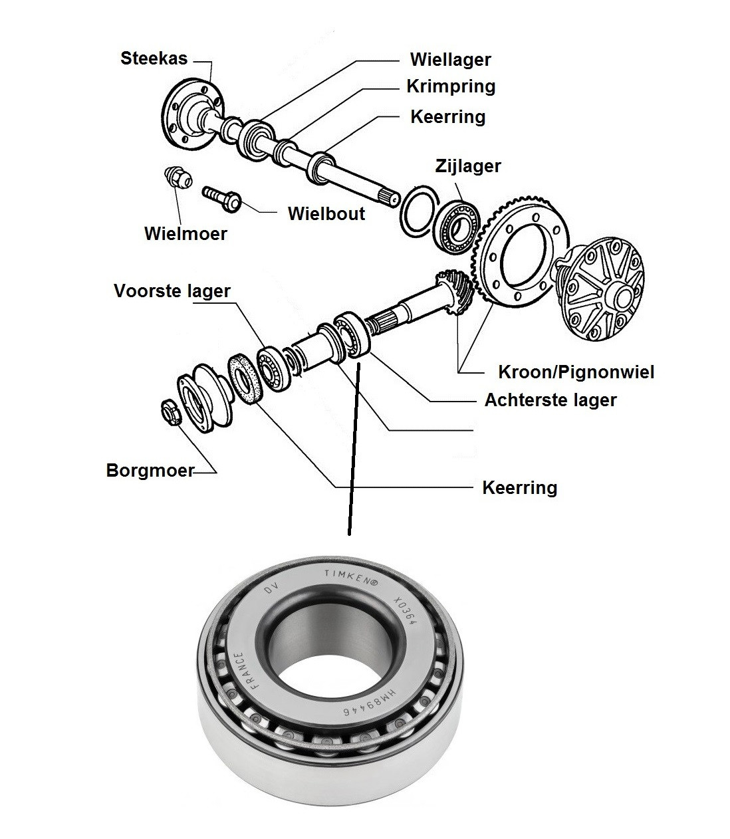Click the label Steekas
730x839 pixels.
pos(154,59)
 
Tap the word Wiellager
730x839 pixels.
pos(450,60)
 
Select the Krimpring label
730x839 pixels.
pos(451,86)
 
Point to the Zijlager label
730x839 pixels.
pos(468,166)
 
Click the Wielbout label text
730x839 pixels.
pos(326,213)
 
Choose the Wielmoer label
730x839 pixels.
pos(185,234)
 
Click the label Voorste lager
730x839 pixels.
pos(172,291)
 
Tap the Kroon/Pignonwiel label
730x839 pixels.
pos(576,372)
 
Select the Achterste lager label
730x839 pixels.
pos(550,400)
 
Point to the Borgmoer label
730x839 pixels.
pos(150,470)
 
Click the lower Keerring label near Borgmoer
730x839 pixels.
pos(520,488)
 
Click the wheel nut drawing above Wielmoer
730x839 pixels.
pos(178,178)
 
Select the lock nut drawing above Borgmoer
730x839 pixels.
pos(172,412)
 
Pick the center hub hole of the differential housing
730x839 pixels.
pos(624,297)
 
